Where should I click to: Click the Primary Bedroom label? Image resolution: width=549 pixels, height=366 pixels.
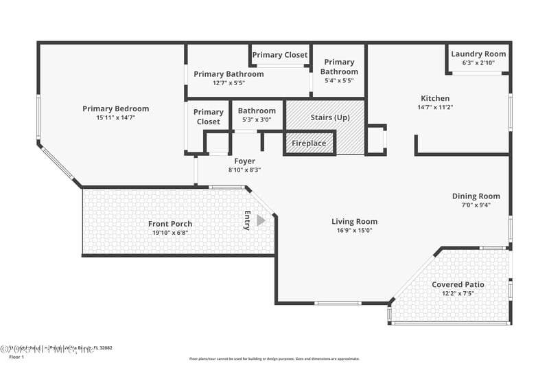tap(115, 108)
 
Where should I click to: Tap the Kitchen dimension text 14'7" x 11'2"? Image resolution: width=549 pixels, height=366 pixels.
tap(435, 107)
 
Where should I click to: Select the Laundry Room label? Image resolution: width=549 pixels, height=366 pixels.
tap(478, 54)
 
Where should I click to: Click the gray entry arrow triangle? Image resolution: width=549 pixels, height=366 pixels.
tap(261, 220)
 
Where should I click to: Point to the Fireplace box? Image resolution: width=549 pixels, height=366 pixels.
tap(310, 144)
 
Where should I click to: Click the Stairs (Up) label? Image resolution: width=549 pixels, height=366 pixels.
tap(330, 117)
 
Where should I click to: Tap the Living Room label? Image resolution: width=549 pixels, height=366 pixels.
tap(354, 221)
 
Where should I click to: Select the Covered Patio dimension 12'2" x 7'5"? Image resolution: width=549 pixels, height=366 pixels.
tap(458, 293)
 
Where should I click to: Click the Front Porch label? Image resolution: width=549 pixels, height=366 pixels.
tap(170, 224)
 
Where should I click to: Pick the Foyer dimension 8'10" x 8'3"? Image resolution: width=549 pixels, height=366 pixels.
tap(244, 170)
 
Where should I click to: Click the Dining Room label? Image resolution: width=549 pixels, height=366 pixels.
tap(476, 196)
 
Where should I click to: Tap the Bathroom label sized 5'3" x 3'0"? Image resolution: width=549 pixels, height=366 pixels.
tap(257, 111)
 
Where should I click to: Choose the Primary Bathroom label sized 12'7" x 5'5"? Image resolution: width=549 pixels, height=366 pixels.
tap(229, 74)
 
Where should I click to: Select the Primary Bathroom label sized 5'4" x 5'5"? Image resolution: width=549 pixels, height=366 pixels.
tap(339, 67)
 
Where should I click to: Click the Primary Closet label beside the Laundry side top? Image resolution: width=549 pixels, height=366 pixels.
tap(280, 55)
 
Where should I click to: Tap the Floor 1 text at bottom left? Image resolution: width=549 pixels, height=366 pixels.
tap(16, 357)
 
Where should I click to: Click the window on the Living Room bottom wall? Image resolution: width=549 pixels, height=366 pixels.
tap(338, 303)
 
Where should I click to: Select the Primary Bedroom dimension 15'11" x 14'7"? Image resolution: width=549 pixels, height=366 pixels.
tap(115, 117)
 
